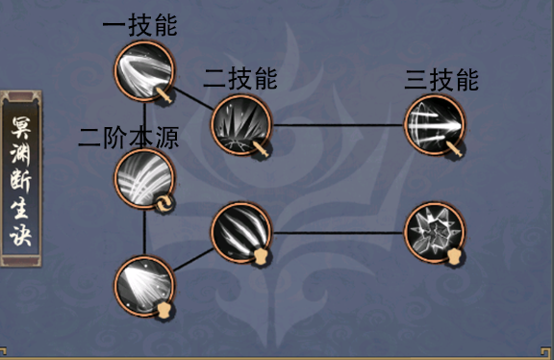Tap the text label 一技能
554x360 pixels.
pos(139,26)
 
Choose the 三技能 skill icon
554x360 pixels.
pos(434,124)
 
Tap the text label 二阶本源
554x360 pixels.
pos(129,137)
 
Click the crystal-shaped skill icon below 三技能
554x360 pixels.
pos(433,232)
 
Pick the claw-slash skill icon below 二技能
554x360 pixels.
pos(239,231)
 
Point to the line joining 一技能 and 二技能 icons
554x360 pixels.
pos(191,97)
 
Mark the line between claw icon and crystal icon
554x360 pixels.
pos(337,232)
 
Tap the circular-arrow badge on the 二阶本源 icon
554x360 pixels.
pos(164,202)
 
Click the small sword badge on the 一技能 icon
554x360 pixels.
pos(165,94)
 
